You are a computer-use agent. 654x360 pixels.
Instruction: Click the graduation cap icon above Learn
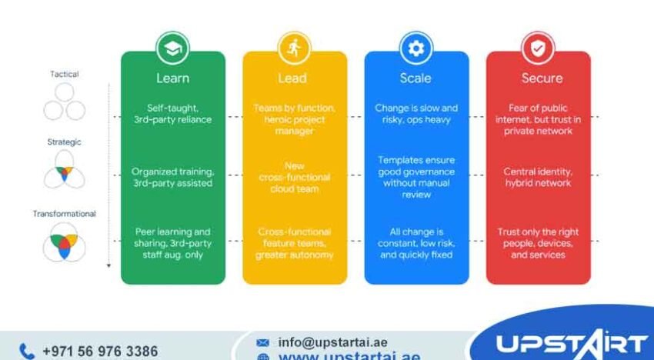click(x=172, y=50)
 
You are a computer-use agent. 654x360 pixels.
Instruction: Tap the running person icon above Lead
click(x=294, y=50)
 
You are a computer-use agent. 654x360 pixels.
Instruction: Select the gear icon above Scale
click(x=415, y=50)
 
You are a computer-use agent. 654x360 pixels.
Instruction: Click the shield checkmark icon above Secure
click(x=537, y=50)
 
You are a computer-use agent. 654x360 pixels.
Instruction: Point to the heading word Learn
click(x=172, y=78)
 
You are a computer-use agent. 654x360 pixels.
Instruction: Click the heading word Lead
click(x=294, y=78)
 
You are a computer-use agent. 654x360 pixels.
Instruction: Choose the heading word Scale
click(x=415, y=78)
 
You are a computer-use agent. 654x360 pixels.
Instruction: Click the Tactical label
click(x=65, y=74)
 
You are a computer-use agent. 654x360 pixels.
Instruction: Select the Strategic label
click(x=65, y=142)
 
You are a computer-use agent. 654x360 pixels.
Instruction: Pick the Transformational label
click(x=65, y=213)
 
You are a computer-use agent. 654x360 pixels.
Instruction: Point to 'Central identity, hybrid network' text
click(x=539, y=176)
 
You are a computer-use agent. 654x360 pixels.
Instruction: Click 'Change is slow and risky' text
click(x=415, y=113)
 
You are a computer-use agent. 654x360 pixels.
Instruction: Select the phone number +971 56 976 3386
click(x=100, y=351)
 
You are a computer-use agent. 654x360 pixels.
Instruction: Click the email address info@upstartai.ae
click(x=332, y=342)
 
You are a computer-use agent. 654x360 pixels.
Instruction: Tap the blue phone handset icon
click(x=27, y=351)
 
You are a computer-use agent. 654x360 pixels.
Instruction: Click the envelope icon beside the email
click(x=263, y=342)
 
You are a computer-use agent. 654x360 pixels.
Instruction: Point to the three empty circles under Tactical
click(x=65, y=102)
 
